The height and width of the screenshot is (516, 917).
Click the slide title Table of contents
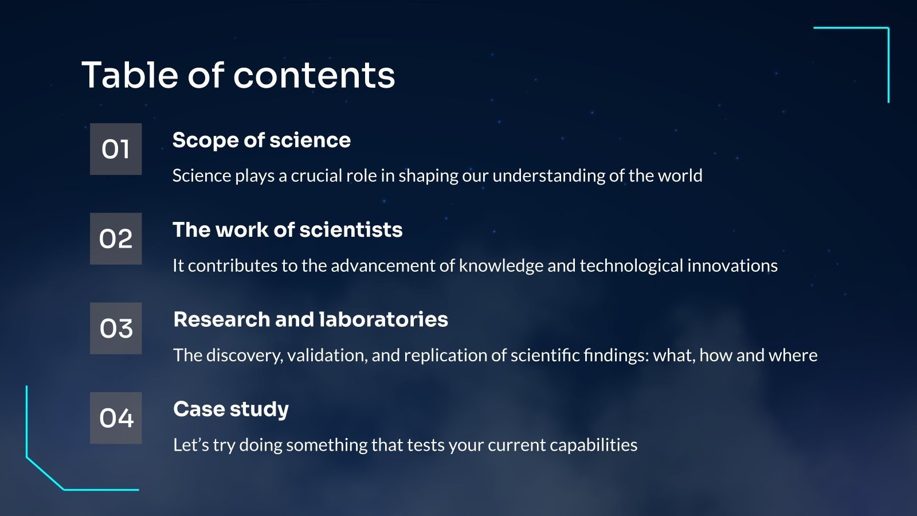pos(238,75)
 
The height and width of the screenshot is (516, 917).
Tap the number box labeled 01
pos(116,149)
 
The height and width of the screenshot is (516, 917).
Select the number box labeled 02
pos(116,239)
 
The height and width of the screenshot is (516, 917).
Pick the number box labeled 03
pos(116,329)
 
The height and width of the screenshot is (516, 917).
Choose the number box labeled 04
pos(116,418)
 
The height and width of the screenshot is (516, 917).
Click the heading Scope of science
pos(261,140)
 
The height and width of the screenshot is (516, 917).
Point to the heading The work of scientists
pos(287,230)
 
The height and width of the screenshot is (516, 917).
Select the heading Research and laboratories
pos(311,319)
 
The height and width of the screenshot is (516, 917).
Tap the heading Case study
pos(231,410)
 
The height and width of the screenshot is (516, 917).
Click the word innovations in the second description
pos(732,266)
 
